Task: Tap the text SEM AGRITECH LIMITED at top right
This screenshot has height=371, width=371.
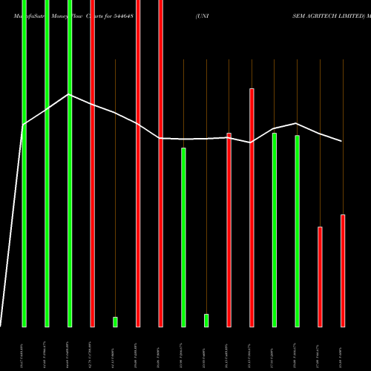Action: click(x=330, y=15)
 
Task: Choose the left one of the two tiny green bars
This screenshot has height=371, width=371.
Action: click(x=115, y=321)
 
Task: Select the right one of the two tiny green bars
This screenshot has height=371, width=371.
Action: click(x=206, y=320)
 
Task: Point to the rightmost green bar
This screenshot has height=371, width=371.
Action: click(x=298, y=230)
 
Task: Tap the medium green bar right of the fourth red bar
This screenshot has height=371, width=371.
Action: click(x=183, y=237)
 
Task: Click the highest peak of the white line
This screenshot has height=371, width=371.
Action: click(x=69, y=94)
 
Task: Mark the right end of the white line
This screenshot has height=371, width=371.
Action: click(x=342, y=141)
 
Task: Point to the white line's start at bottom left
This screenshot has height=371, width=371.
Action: click(x=1, y=325)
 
